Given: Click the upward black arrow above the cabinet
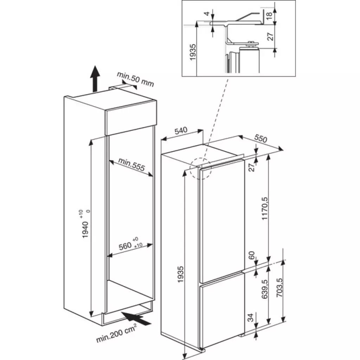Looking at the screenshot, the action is click(95, 78).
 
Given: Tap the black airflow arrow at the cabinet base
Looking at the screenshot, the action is click(136, 318).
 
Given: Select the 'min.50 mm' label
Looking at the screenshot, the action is click(135, 79).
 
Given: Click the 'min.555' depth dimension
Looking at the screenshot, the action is click(131, 165).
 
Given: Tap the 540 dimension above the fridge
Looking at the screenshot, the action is click(181, 131).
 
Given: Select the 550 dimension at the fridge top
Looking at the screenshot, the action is click(261, 139).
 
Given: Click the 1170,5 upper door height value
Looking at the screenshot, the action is click(264, 208).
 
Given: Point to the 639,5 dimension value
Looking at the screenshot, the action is click(264, 289).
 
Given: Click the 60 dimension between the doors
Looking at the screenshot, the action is click(252, 255).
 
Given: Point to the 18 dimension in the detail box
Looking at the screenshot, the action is click(269, 15).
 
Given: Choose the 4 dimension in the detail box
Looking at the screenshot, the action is click(207, 14).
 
